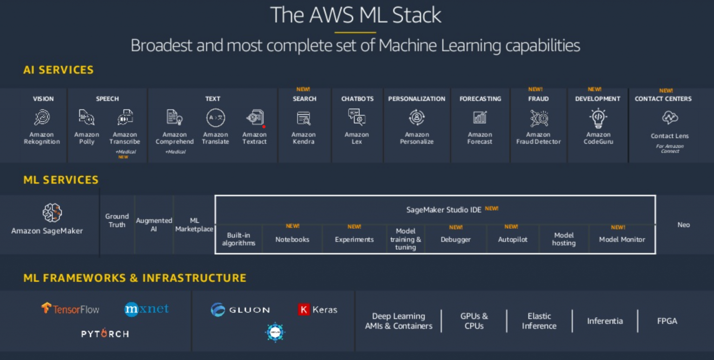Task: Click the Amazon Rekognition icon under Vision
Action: tap(42, 117)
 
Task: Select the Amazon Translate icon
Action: tap(216, 118)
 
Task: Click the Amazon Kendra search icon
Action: tap(304, 118)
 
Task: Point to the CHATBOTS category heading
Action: tap(357, 99)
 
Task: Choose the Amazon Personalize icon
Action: tap(416, 117)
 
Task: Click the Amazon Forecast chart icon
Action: tap(480, 118)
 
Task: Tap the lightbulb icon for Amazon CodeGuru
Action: tap(598, 118)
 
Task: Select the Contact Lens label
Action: tap(669, 136)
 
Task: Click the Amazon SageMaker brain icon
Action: tap(52, 213)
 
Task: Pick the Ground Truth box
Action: tap(117, 220)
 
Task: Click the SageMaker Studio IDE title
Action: tap(443, 210)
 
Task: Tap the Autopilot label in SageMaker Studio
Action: tap(513, 240)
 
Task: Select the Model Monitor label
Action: tap(622, 240)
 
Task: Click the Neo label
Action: tap(683, 225)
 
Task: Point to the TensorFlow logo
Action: tap(70, 309)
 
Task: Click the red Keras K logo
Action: tap(304, 310)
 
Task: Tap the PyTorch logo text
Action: tap(105, 334)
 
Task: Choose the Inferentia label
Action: tap(605, 321)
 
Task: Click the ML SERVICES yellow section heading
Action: tap(61, 180)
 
